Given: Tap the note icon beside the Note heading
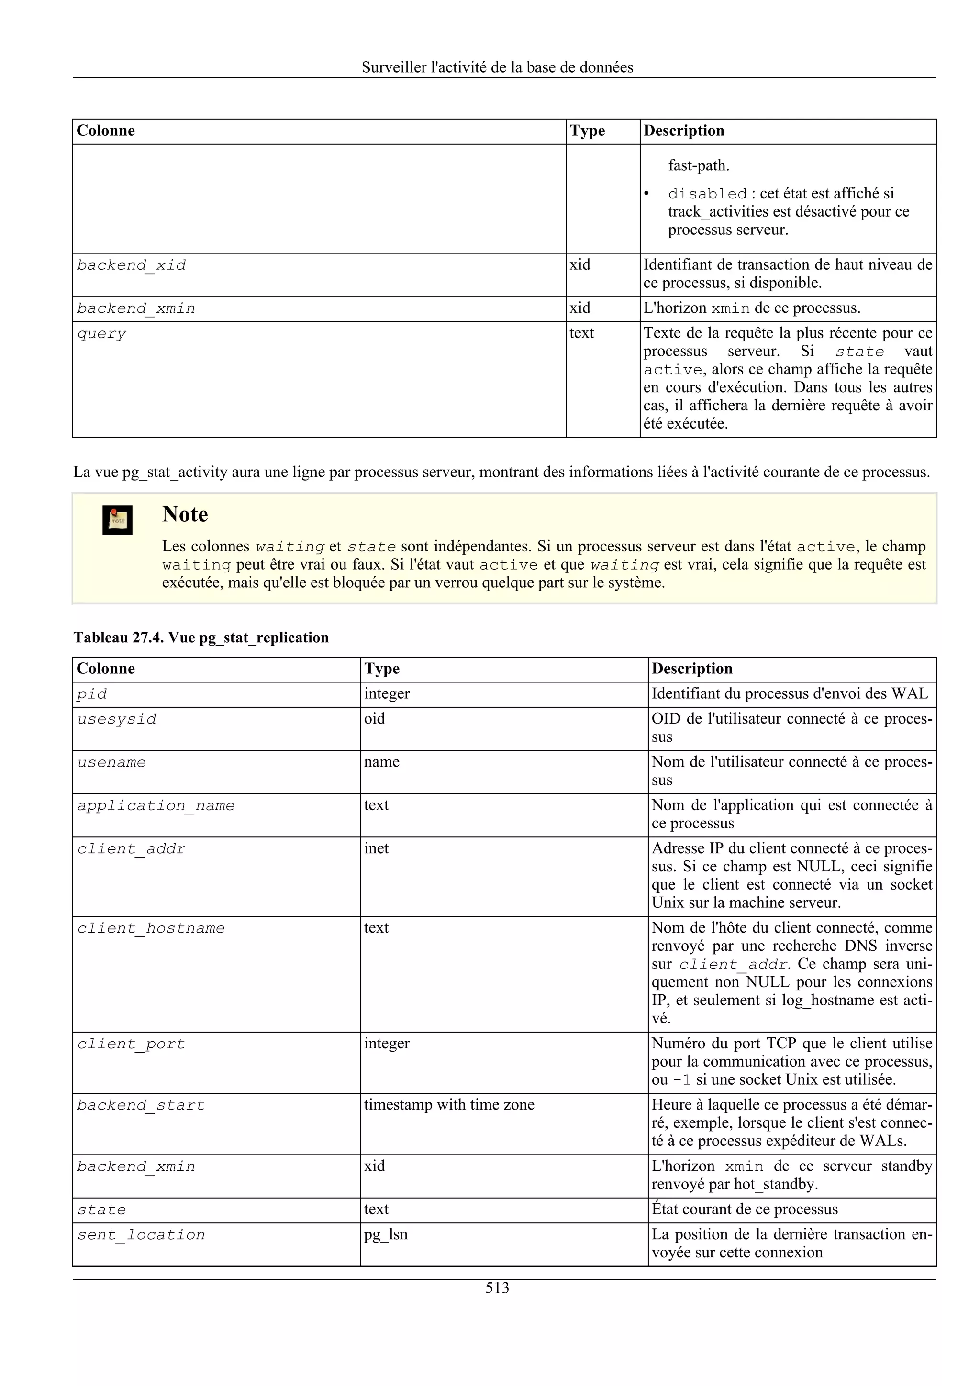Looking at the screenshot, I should [x=117, y=520].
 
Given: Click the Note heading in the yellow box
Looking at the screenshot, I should [x=185, y=514].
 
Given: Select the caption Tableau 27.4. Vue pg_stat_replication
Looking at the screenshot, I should [x=201, y=638].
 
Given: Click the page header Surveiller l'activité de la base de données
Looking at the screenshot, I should [x=497, y=67].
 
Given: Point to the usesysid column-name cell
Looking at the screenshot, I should [x=117, y=719].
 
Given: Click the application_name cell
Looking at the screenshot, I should [x=156, y=805].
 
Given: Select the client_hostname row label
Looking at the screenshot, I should [x=151, y=928].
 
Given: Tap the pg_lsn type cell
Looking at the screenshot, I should [x=386, y=1234].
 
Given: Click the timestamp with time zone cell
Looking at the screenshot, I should [x=449, y=1104].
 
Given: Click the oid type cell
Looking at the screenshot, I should [x=374, y=718].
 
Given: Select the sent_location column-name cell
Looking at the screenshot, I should [x=141, y=1234].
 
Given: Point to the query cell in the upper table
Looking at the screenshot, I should [x=101, y=334].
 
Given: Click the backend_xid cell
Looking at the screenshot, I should [x=131, y=265].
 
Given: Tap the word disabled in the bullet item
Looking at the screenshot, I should [x=707, y=194].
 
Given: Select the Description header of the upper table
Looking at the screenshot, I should [x=683, y=131].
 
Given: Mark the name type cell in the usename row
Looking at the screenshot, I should [x=381, y=762].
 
